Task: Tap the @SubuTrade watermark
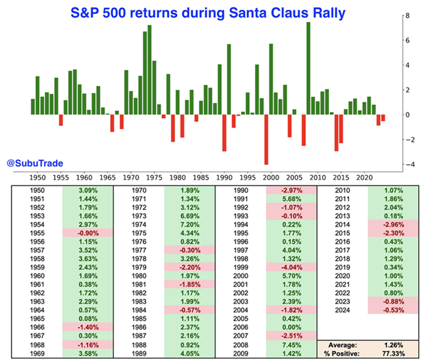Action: pos(35,163)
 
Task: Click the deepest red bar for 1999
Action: pos(266,139)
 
